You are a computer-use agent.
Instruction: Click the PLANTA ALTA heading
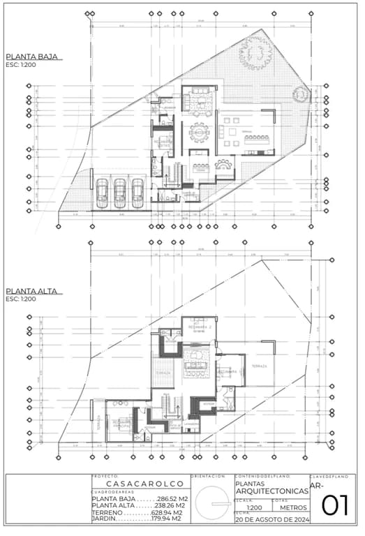point(31,290)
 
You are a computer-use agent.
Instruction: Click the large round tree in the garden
point(255,52)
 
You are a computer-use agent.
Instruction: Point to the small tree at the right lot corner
point(301,94)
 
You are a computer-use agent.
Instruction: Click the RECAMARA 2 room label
point(200,327)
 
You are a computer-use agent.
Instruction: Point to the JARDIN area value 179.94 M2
point(167,519)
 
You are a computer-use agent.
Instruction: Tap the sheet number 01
point(335,505)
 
